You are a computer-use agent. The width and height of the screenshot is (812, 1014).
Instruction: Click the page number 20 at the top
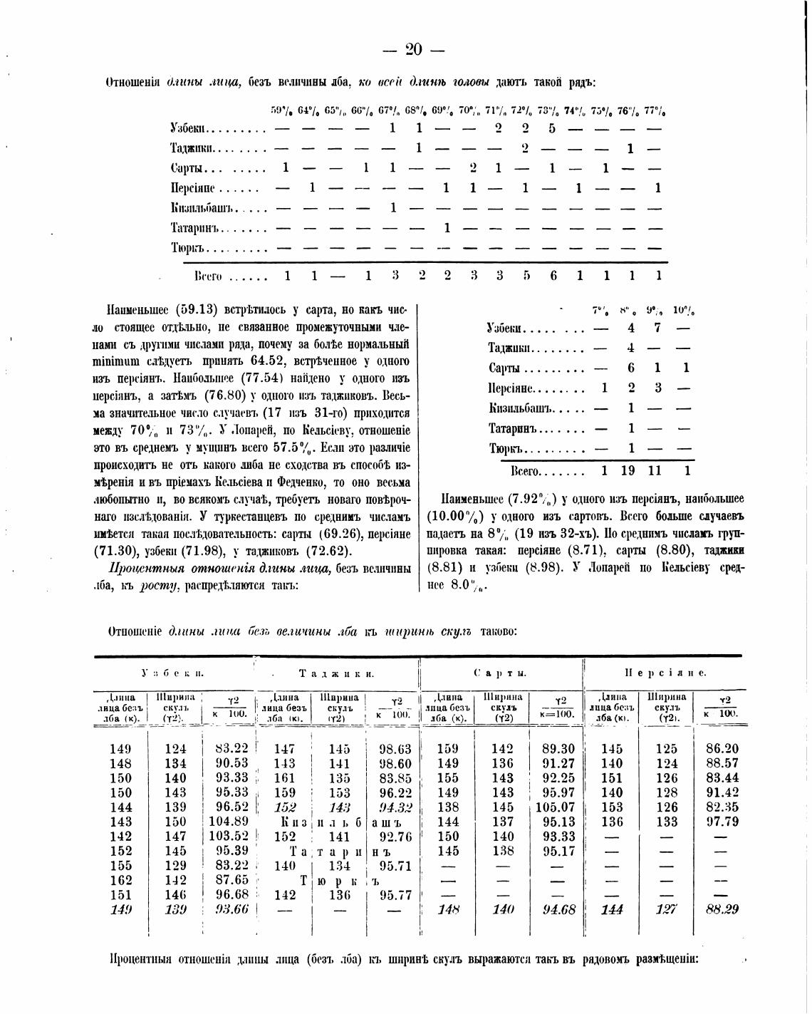coord(413,49)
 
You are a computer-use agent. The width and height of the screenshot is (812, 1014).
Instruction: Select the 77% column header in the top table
coord(655,111)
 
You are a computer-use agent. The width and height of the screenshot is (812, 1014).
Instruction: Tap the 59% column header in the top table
coord(282,111)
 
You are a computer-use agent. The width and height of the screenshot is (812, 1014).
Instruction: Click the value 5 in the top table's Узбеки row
coord(551,129)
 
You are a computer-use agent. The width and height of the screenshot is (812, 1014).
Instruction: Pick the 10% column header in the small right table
coord(684,311)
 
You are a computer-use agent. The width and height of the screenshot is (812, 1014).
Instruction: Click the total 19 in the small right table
coord(628,471)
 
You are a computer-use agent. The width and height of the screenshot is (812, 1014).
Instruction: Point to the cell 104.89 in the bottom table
coord(230,822)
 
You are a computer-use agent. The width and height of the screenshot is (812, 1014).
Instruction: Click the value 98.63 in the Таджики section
coord(395,749)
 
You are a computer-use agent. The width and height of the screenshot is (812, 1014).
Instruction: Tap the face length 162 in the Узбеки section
coord(120,880)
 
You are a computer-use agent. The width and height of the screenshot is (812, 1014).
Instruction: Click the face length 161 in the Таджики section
coord(284,778)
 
